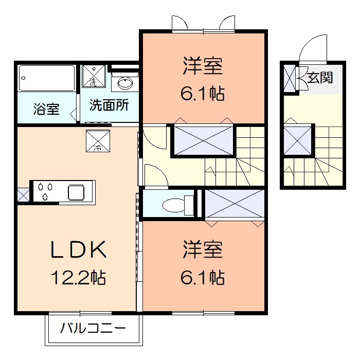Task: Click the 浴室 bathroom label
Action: pyautogui.click(x=46, y=109)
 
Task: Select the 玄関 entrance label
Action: pyautogui.click(x=320, y=78)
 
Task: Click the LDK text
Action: pyautogui.click(x=78, y=250)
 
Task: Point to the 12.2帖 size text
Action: pyautogui.click(x=78, y=278)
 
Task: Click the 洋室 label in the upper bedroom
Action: pyautogui.click(x=203, y=67)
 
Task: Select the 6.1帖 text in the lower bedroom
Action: pyautogui.click(x=203, y=278)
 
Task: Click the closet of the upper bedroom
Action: pyautogui.click(x=203, y=140)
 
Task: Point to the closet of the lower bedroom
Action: pyautogui.click(x=234, y=204)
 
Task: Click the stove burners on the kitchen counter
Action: pyautogui.click(x=45, y=191)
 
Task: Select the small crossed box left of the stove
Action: pyautogui.click(x=23, y=194)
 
